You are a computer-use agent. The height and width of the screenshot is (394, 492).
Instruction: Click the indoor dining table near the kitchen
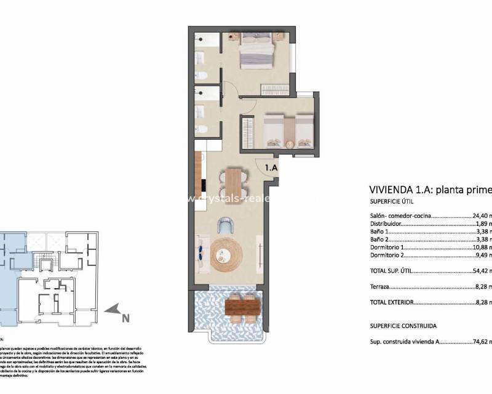coord(234,183)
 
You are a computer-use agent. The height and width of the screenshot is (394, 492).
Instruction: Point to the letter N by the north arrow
coord(125,318)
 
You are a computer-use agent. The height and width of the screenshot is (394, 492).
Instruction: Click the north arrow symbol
coord(111,311)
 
